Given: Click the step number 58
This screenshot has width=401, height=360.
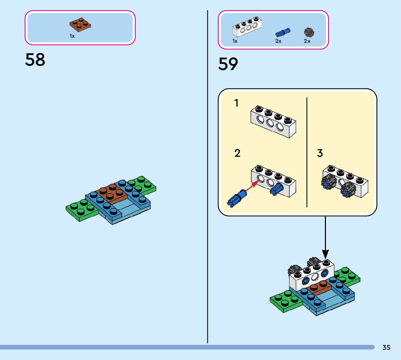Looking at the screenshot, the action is coord(35,60).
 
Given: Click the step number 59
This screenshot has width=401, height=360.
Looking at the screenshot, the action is coord(228,64).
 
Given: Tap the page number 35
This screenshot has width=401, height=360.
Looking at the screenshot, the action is coord(386,347).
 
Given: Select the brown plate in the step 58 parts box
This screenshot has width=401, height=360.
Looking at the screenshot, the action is coord(80,25).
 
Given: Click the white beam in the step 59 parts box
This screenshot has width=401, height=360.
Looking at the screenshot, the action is coord(247,26).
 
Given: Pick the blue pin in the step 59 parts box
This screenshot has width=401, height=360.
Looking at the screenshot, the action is coord(283,33).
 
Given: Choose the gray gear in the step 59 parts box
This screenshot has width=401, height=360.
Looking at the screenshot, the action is coord(309,33).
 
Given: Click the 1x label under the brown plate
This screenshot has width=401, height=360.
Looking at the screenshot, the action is coord(72,36).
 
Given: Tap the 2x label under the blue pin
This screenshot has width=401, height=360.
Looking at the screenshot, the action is coord(278,41).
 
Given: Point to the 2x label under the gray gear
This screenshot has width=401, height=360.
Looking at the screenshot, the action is coord(307,41).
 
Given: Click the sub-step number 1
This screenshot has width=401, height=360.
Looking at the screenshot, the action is coord(236,103).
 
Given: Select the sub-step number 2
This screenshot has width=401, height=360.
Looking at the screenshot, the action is coord(237,153).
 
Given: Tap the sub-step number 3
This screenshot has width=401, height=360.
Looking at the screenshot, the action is coord(320,153).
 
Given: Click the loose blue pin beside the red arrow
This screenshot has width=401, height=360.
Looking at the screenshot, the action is coord(237,198).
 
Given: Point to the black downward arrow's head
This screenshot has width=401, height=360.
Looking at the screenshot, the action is coord(325,254).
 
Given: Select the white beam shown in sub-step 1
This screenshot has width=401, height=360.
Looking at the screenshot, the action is coord(273,121).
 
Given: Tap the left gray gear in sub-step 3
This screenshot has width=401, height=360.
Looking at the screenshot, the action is coord(328,182).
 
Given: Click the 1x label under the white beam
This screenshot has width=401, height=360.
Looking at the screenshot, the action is coord(235,41).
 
